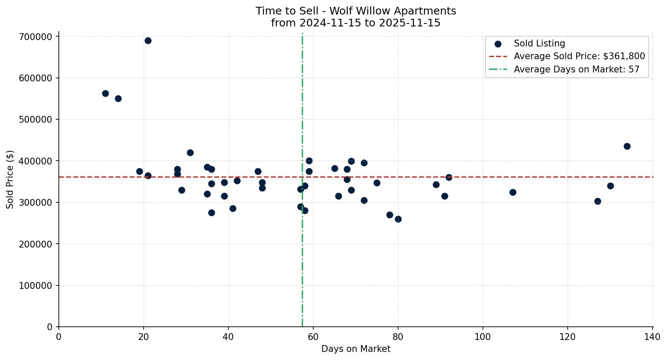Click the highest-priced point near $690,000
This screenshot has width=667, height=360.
[148, 41]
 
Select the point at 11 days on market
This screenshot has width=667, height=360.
[105, 93]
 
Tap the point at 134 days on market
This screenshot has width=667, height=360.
[627, 147]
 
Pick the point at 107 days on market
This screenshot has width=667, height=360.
[513, 193]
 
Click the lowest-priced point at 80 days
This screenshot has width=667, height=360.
[398, 219]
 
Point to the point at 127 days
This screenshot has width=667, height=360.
[598, 201]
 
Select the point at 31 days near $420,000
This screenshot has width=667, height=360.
[190, 153]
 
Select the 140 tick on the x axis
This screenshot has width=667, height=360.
[653, 337]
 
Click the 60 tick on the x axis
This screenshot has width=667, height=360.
[313, 337]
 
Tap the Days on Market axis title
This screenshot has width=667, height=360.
[355, 349]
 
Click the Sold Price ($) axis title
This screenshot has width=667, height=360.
[10, 179]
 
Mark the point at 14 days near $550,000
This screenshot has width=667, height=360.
[118, 99]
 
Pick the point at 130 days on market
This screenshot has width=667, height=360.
[610, 186]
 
